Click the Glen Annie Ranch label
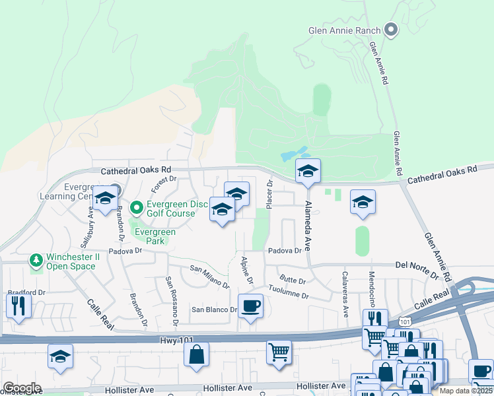tap(344, 30)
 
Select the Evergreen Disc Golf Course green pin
tap(137, 209)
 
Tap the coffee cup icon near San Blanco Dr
tap(250, 307)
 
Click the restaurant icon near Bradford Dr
tap(18, 305)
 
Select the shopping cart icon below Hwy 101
tap(279, 351)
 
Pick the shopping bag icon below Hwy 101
tap(197, 355)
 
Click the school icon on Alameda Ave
tap(307, 171)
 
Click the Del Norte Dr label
tap(418, 265)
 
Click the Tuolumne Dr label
tap(288, 292)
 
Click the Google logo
tap(22, 388)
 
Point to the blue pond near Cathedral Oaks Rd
tap(293, 155)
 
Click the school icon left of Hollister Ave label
tap(60, 356)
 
